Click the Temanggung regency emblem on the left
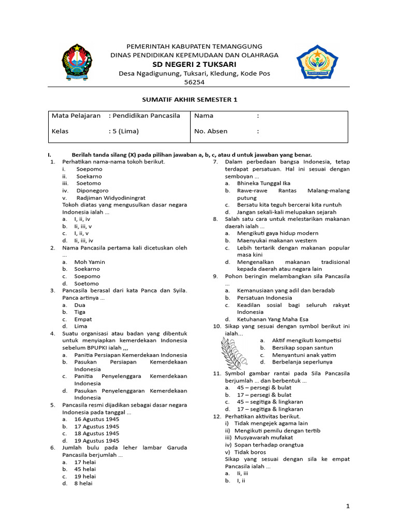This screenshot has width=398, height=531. [x=79, y=62]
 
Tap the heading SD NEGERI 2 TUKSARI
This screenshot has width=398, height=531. [x=194, y=64]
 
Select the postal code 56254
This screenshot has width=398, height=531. [x=194, y=82]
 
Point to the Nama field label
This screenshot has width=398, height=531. [x=204, y=116]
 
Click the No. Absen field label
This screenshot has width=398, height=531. [x=210, y=131]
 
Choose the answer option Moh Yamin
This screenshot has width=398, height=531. [x=90, y=262]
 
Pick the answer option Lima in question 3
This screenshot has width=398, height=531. [x=80, y=326]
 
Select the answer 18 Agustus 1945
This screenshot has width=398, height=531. [x=96, y=433]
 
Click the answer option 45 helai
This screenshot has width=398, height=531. [x=85, y=469]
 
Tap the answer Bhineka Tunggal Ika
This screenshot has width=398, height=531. [x=263, y=183]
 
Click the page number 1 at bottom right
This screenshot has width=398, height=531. [x=348, y=506]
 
